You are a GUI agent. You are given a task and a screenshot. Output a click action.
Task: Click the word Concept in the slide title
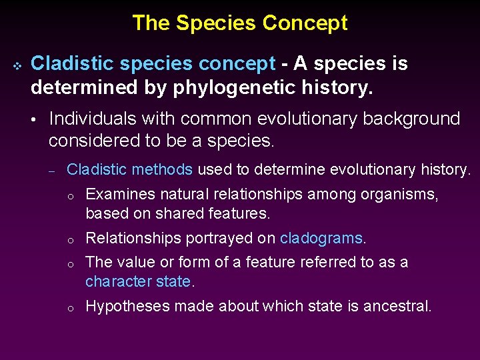point(305,23)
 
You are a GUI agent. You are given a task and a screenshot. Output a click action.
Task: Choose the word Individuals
point(95,119)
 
